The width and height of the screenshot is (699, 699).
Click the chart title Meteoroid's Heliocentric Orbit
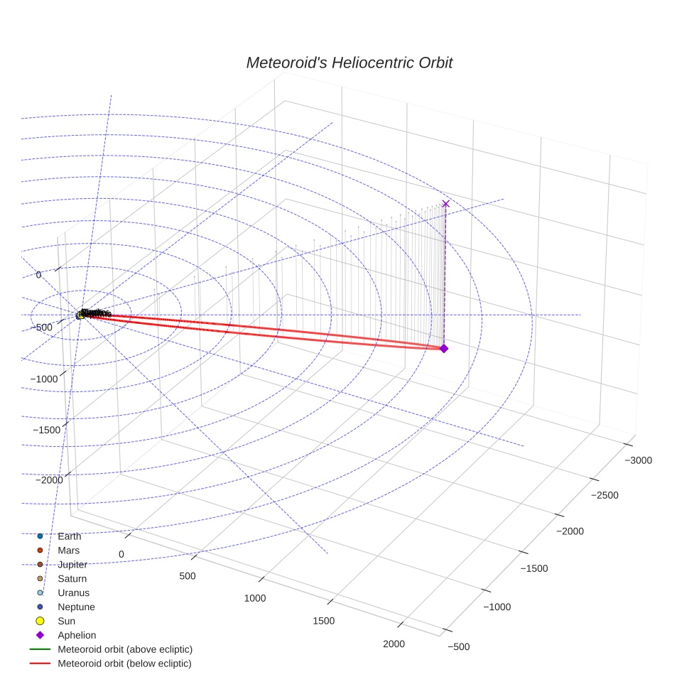(349, 63)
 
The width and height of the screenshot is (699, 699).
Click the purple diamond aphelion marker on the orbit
(444, 348)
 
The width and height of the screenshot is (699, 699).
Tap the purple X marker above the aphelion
(446, 204)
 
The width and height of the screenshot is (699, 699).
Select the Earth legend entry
(69, 536)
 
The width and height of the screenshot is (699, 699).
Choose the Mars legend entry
(68, 551)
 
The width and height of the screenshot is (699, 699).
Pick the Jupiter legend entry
(72, 565)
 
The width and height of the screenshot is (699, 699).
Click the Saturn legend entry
(72, 579)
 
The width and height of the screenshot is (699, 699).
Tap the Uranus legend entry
(73, 592)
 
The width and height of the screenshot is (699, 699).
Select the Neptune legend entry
(76, 607)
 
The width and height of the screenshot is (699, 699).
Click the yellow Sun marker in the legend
(40, 621)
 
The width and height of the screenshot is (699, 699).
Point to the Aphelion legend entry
(77, 635)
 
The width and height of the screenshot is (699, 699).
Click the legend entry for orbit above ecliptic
(125, 649)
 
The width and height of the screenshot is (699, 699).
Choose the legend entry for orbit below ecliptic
(124, 663)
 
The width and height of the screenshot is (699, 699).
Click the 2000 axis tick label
(394, 644)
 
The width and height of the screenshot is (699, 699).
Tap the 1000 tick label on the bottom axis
(255, 598)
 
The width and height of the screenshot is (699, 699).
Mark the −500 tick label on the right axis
(459, 646)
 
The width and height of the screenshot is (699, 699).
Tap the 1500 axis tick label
(324, 622)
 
